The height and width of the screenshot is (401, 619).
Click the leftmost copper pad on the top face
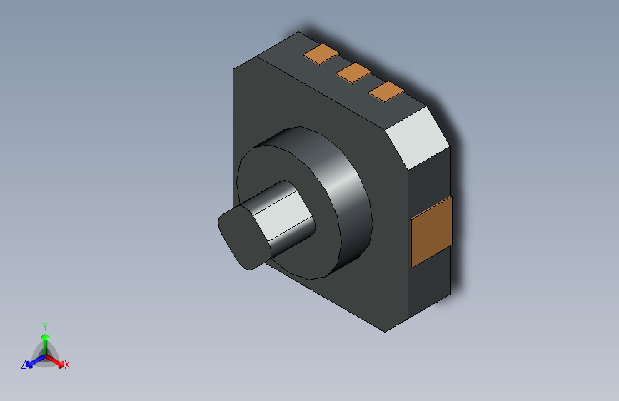[321, 54]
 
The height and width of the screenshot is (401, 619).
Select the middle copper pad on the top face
[353, 72]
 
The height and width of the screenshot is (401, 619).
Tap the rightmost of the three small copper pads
[387, 91]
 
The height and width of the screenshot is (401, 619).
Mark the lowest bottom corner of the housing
[386, 331]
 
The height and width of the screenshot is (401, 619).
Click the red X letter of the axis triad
[67, 365]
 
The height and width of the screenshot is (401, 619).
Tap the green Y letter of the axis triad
[44, 325]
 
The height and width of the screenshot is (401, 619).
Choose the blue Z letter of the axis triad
[24, 364]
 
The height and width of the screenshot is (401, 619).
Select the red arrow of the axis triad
[57, 361]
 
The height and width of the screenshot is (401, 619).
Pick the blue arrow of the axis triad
[33, 361]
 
